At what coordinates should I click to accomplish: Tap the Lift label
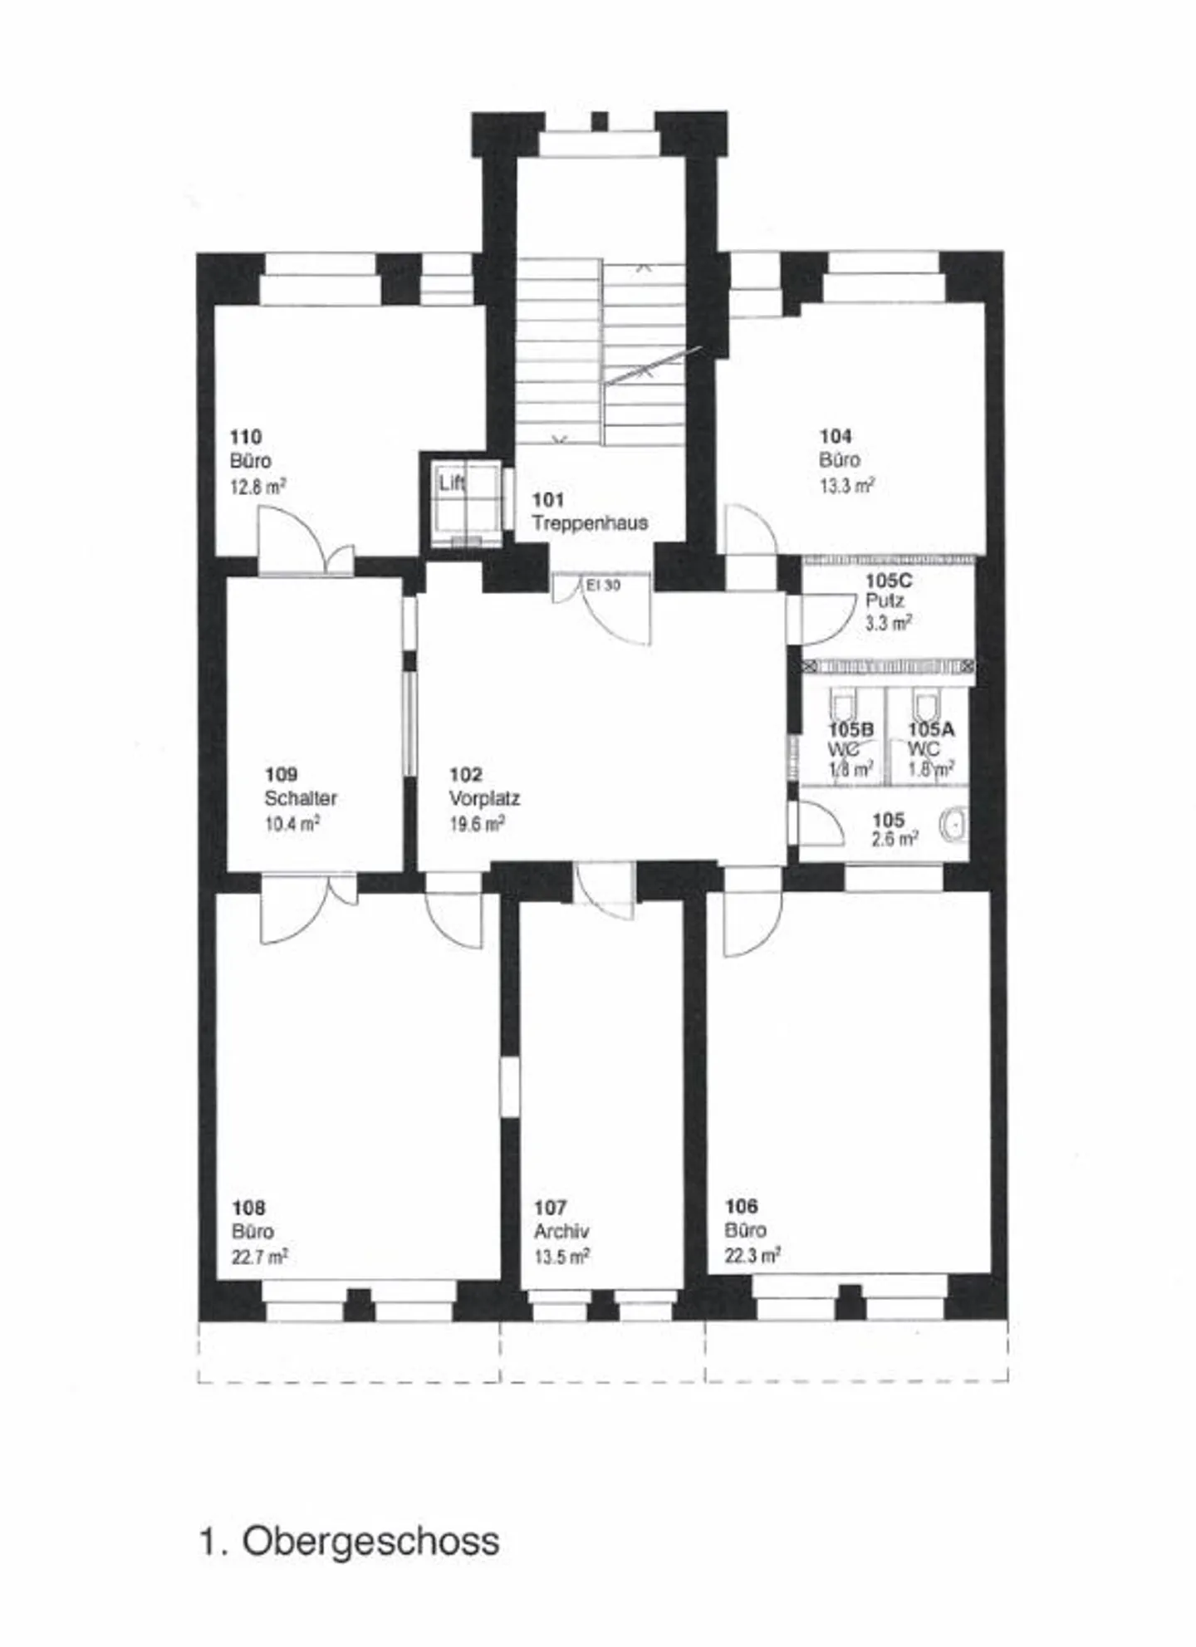point(452,483)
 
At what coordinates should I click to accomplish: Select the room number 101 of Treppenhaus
point(548,499)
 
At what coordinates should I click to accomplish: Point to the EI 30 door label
point(603,585)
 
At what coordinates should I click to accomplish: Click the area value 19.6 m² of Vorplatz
point(478,824)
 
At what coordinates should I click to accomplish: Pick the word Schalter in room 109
point(301,798)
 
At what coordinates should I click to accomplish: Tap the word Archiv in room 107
point(561,1231)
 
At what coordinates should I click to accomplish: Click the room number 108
point(248,1208)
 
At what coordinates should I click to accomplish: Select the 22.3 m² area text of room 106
point(752,1255)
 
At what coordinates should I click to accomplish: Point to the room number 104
point(836,436)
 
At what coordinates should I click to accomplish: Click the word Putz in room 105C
point(885,600)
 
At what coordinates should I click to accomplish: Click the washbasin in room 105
point(955,824)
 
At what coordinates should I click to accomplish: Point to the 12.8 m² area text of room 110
point(258,486)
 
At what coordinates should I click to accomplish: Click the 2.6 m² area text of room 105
point(895,839)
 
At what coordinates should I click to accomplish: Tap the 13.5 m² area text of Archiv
point(562,1256)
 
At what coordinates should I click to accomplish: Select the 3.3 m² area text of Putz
point(890,622)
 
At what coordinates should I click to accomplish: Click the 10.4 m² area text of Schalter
point(292,824)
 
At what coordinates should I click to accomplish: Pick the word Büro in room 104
point(840,460)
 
